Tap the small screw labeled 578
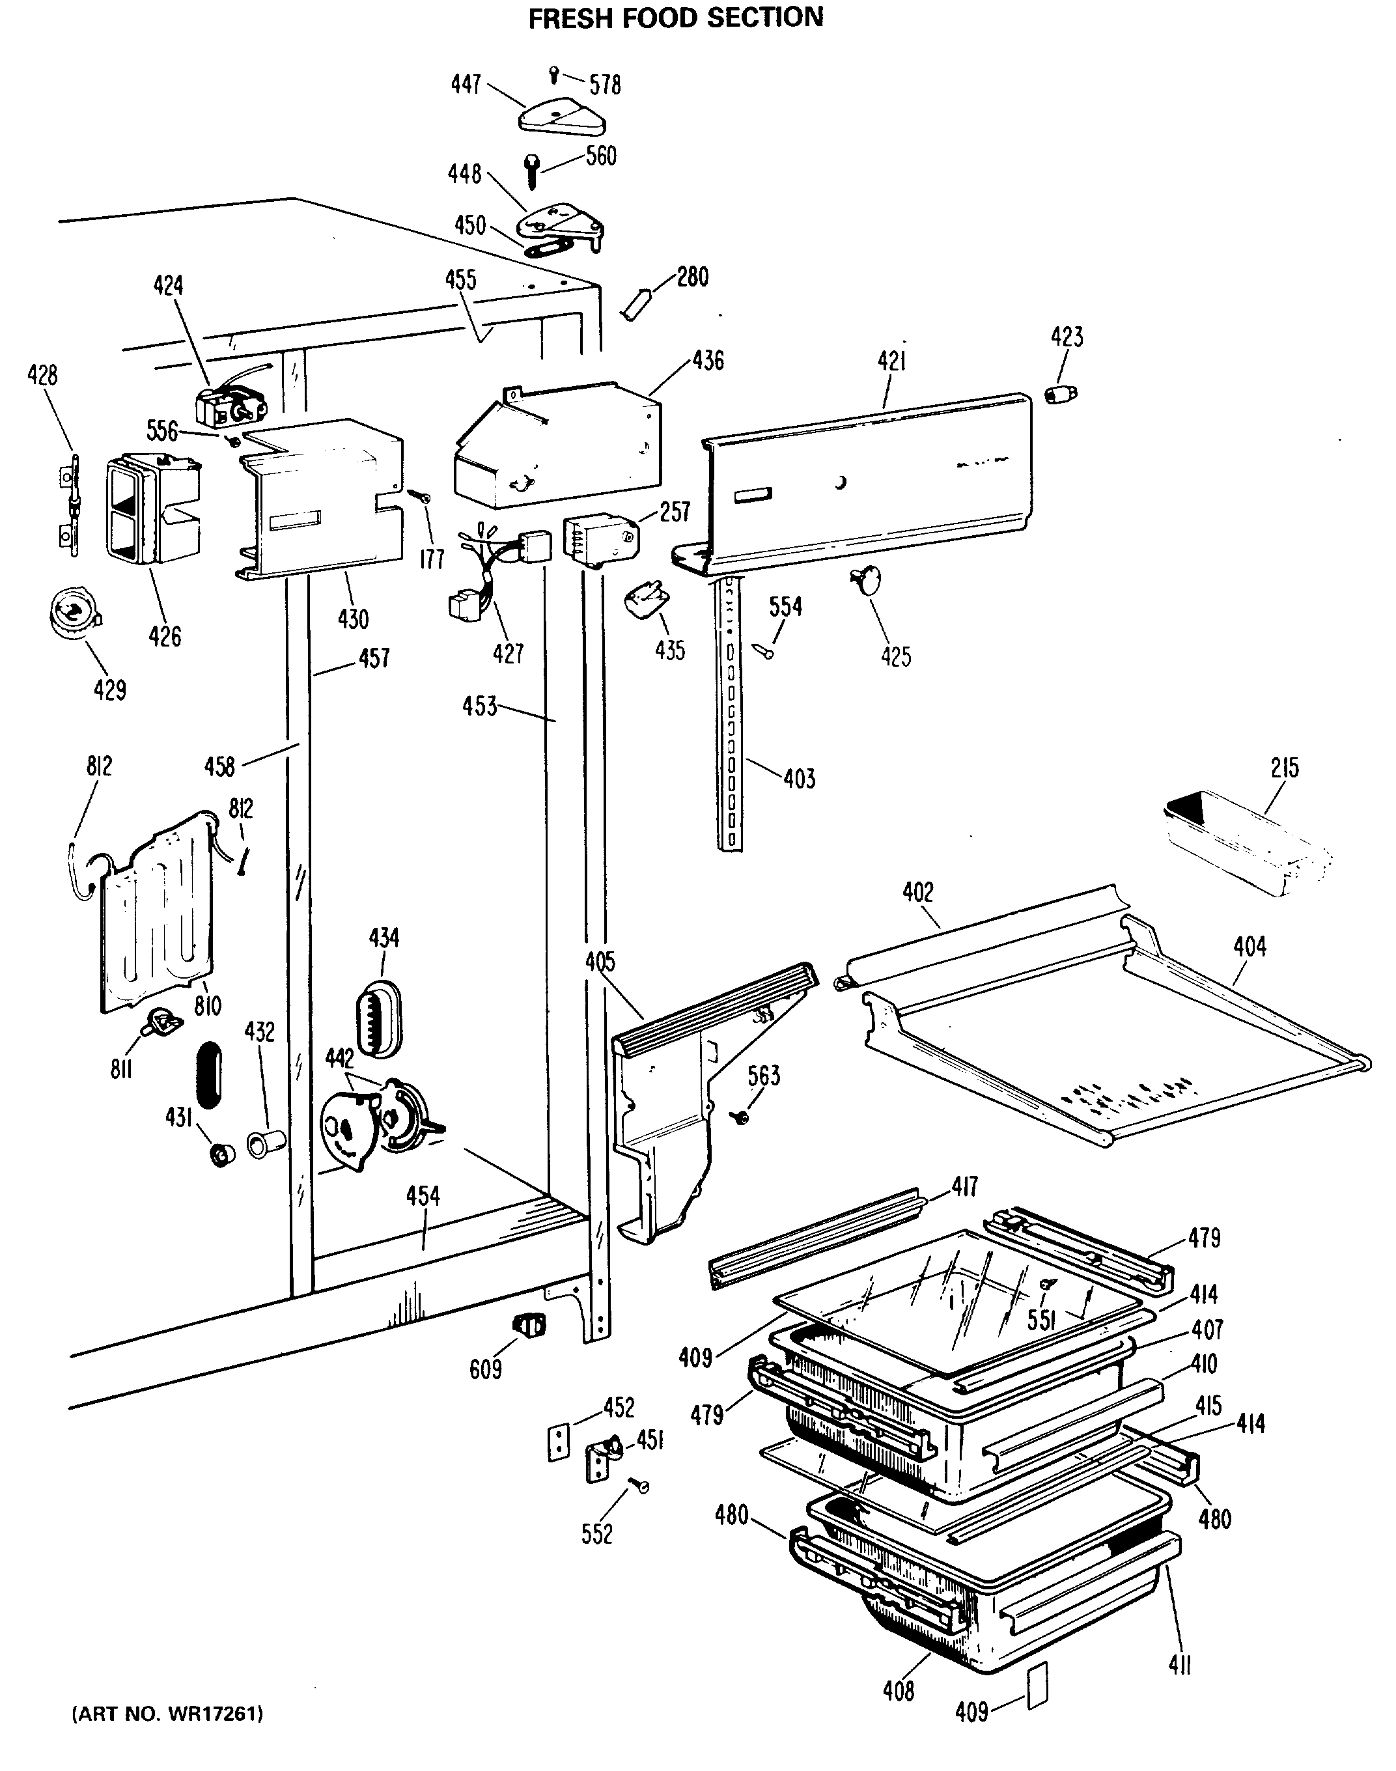pos(553,74)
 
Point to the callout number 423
pos(1067,337)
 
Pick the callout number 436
pos(708,361)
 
